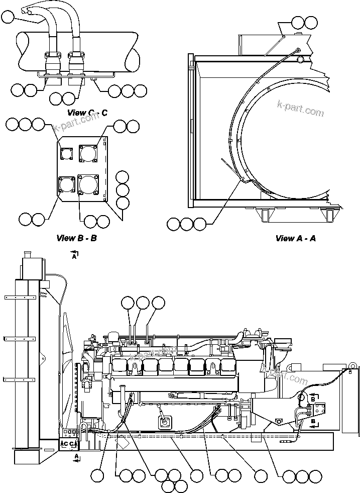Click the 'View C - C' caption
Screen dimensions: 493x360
(87, 113)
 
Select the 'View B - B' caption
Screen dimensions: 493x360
(76, 238)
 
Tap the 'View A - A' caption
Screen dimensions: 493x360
(295, 238)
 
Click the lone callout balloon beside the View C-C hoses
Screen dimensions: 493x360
(8, 19)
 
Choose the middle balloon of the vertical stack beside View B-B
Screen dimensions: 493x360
(123, 190)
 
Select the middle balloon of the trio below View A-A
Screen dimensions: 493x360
(187, 224)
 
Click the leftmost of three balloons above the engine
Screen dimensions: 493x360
(128, 303)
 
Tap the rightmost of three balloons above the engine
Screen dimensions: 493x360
(158, 303)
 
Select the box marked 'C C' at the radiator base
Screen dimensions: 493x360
(69, 444)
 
